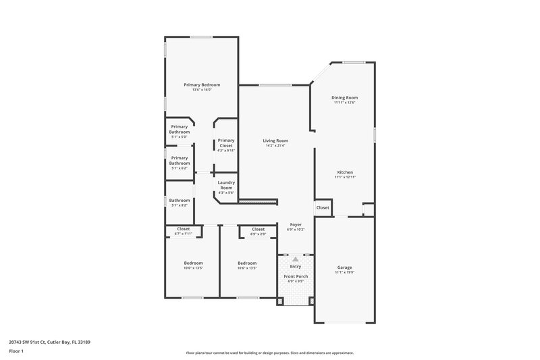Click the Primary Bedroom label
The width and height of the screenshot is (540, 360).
[202, 84]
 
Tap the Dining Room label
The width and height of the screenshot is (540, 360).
[344, 98]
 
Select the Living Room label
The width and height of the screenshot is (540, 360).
[275, 140]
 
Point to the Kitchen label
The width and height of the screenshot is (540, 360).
[344, 172]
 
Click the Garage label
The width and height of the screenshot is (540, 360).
[344, 267]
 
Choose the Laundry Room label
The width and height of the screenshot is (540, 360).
[225, 186]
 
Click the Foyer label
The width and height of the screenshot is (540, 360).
[296, 224]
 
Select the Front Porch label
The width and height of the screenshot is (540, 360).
[295, 276]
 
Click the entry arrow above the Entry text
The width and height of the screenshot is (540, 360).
[295, 259]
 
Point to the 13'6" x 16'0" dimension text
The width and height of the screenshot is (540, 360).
[202, 90]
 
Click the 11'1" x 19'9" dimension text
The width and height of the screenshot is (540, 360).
[344, 273]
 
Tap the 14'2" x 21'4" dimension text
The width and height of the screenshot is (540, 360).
[275, 146]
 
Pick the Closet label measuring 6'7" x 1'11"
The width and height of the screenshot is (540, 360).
[183, 229]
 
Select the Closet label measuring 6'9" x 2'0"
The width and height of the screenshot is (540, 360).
[258, 229]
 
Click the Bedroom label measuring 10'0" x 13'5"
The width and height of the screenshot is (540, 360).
[193, 263]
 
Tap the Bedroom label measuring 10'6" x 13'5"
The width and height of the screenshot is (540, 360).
[246, 263]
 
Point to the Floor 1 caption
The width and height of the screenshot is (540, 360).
[16, 351]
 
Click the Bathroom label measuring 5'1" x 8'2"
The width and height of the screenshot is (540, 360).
[180, 200]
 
